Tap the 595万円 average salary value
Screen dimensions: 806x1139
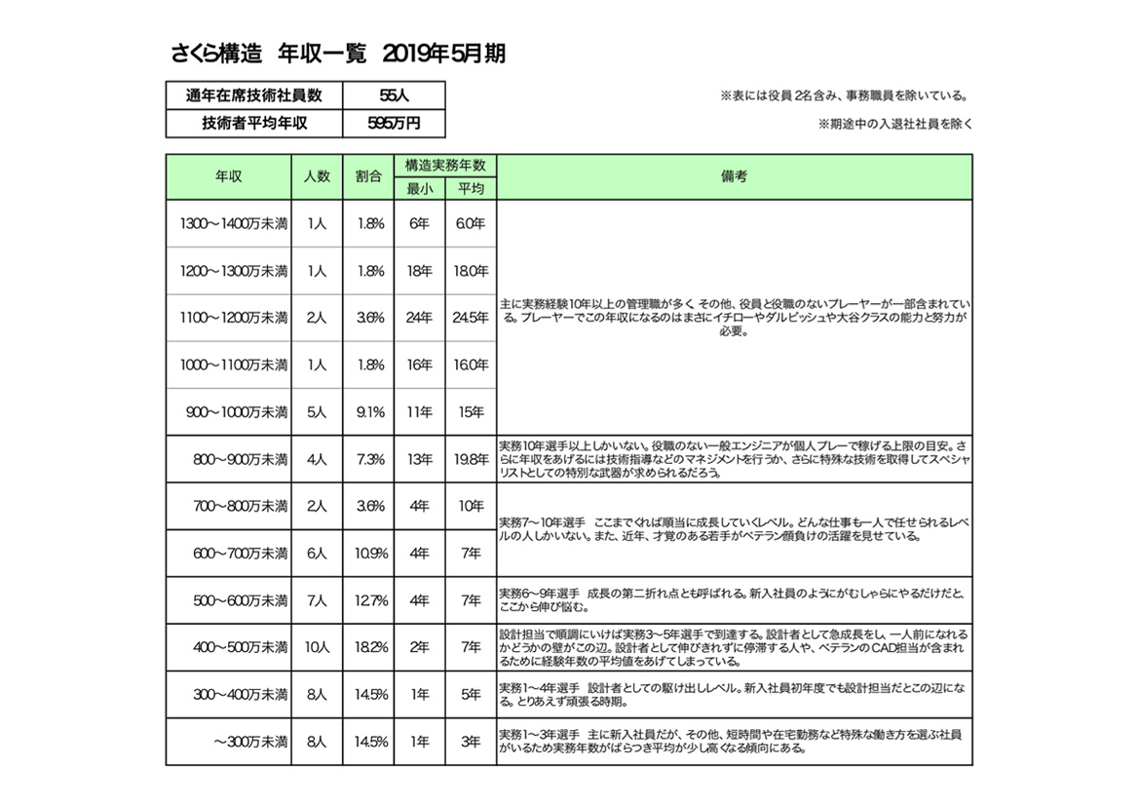[394, 124]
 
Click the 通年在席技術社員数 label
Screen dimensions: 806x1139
[253, 96]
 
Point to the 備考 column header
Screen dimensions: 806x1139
[734, 176]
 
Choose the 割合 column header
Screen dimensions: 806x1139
[368, 176]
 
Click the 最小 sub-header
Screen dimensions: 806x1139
[419, 188]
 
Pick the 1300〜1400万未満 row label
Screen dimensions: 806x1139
[234, 223]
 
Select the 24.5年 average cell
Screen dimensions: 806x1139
[470, 318]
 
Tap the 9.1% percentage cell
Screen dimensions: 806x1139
[369, 412]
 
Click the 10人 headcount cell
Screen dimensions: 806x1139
[317, 648]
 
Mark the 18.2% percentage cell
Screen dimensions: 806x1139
[369, 648]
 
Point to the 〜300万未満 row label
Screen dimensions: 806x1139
[249, 742]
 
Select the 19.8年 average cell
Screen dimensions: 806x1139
[470, 459]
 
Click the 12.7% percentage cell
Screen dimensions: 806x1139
[369, 600]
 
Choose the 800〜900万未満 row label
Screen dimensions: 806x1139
[240, 459]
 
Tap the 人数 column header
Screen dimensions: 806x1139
[317, 176]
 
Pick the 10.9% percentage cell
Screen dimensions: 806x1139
[369, 554]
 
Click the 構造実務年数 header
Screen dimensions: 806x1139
[445, 165]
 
